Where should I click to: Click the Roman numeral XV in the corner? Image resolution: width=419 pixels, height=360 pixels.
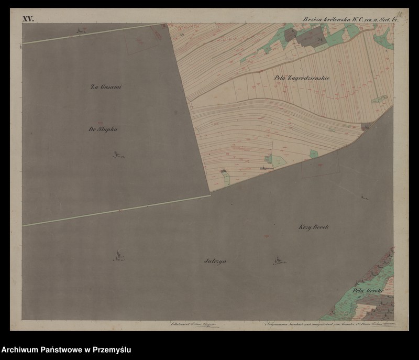pos(28,19)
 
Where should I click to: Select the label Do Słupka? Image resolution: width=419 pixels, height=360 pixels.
pos(103,129)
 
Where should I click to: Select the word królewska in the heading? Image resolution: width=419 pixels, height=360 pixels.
pos(337,19)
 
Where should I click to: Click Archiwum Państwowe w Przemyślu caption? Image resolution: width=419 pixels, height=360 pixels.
pos(67,350)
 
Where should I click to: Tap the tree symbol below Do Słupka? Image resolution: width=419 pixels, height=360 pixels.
pos(117,154)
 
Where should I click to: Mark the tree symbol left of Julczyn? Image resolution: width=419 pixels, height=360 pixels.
pos(118,256)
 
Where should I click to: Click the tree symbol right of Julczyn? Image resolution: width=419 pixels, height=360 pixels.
pos(279,260)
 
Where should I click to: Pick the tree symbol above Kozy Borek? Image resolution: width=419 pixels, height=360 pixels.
pos(363,197)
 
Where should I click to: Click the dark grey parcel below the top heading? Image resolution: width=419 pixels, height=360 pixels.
pos(311,36)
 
